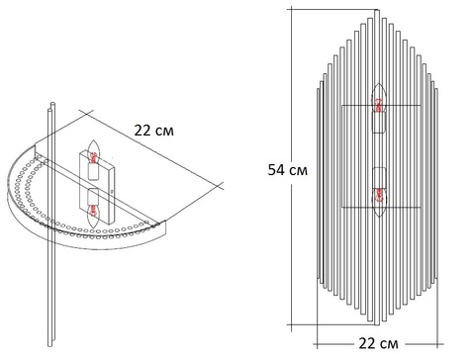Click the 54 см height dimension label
click(x=288, y=170)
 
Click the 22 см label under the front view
click(x=378, y=344)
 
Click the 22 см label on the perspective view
click(x=153, y=131)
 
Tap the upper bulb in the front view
click(x=379, y=97)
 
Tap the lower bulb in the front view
click(x=379, y=202)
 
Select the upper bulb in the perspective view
click(x=93, y=152)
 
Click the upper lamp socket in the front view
click(x=379, y=122)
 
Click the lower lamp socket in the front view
click(x=379, y=178)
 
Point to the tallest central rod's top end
click(x=377, y=10)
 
